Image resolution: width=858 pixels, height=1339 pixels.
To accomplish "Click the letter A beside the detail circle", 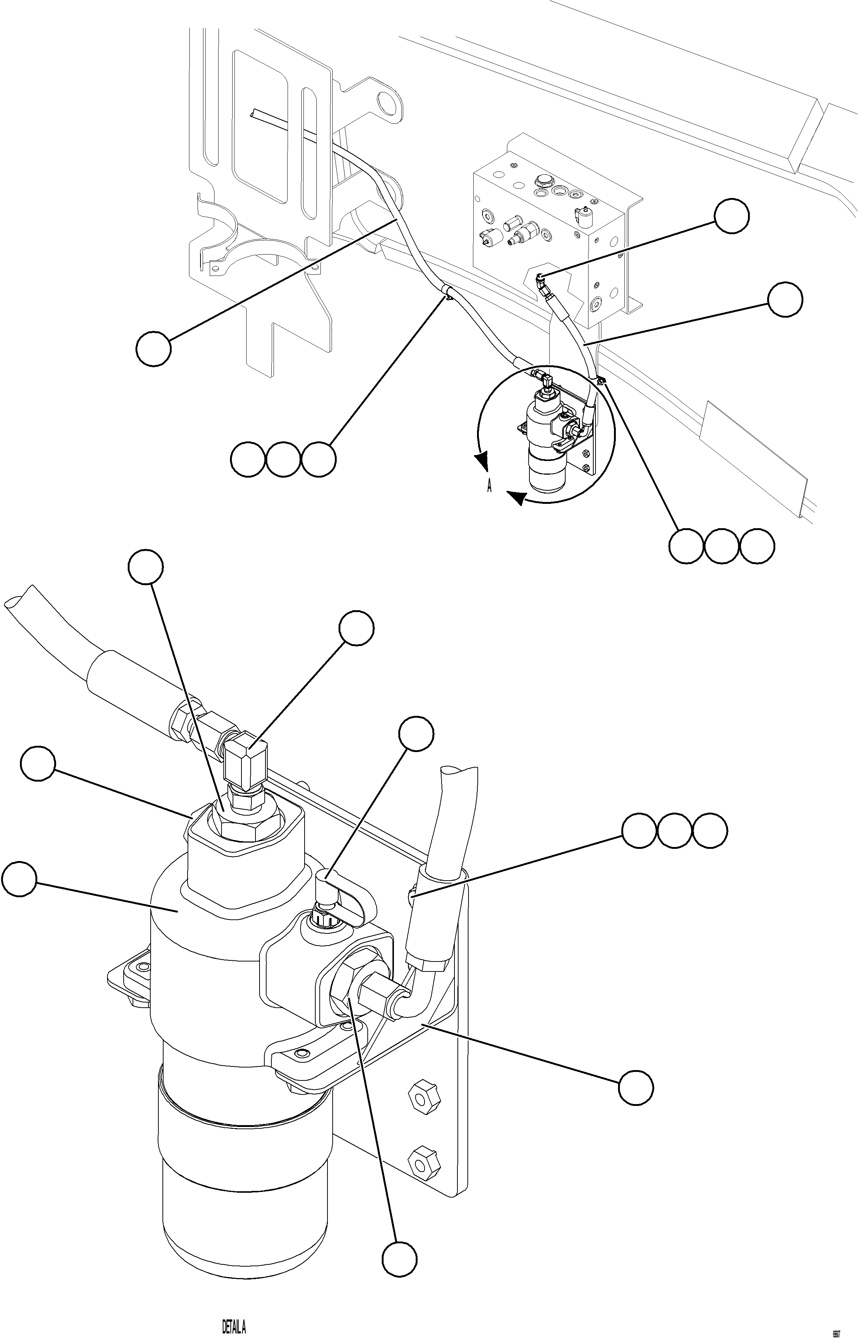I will [x=489, y=486].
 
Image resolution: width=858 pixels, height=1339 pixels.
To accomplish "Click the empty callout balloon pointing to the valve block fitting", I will [x=731, y=216].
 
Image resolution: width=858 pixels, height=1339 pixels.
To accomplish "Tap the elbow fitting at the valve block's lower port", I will [x=543, y=284].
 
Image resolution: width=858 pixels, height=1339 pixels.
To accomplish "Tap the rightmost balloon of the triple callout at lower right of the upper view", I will [x=756, y=546].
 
